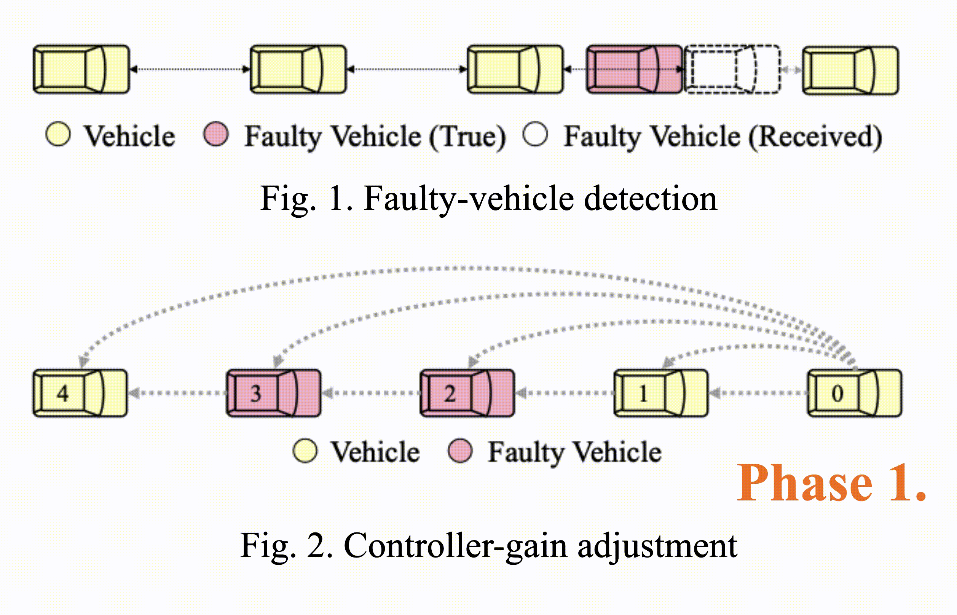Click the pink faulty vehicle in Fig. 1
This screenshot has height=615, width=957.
point(634,70)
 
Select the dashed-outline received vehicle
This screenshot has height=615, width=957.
point(732,70)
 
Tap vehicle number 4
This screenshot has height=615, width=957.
point(80,394)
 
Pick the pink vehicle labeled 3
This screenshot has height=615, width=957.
point(274,394)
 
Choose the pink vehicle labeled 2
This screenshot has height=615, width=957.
point(467,394)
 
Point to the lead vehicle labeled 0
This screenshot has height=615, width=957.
point(855,394)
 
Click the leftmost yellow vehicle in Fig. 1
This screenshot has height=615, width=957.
point(81,70)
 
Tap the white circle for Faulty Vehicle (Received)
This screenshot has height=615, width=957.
point(535,134)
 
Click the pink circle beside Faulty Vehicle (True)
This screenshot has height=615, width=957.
point(216,134)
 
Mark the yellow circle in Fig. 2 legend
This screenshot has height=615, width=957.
point(305,451)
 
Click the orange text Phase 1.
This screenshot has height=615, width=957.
point(831,483)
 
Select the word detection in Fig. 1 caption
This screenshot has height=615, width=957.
point(650,199)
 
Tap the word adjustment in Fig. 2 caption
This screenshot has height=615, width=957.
point(657,545)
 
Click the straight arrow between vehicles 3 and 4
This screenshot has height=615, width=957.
point(177,394)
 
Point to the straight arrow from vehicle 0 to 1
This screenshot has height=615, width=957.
point(758,394)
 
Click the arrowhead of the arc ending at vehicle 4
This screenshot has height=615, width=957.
point(83,361)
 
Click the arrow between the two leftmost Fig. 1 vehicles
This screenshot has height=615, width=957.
point(190,70)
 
